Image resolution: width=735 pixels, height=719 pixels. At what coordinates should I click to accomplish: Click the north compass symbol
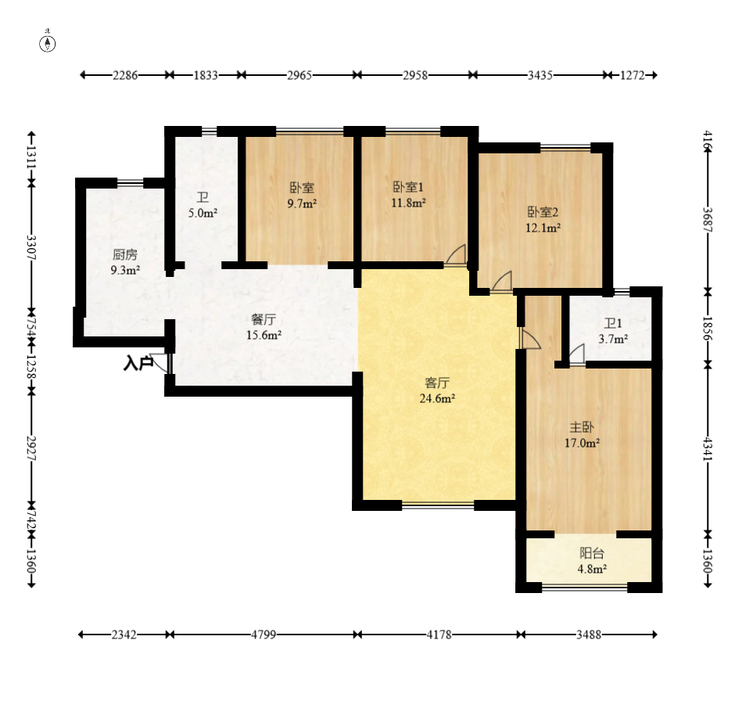(x=48, y=43)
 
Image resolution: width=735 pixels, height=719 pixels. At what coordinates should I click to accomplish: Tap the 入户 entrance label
(x=138, y=363)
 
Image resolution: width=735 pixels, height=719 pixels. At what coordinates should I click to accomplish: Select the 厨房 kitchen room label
(x=125, y=255)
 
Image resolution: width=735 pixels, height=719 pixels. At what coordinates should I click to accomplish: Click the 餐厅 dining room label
(x=264, y=319)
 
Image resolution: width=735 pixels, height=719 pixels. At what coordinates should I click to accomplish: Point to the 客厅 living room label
(x=437, y=383)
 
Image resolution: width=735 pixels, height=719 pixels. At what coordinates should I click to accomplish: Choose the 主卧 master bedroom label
(x=582, y=427)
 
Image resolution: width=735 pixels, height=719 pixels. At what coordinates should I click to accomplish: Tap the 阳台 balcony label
(x=592, y=553)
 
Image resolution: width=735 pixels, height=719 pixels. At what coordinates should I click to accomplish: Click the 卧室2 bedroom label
(x=543, y=212)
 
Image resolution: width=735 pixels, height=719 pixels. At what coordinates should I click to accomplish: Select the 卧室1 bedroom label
(x=408, y=187)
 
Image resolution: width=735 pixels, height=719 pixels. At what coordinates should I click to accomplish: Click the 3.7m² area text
(x=613, y=339)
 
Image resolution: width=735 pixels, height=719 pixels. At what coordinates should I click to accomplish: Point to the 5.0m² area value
(x=203, y=213)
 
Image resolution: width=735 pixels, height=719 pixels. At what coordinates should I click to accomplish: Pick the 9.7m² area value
(x=302, y=203)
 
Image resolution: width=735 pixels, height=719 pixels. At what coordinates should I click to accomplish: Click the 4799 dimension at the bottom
(x=264, y=635)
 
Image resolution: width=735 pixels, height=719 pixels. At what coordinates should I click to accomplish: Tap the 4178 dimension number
(x=439, y=635)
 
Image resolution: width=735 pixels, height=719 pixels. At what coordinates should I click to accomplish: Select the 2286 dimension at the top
(x=125, y=75)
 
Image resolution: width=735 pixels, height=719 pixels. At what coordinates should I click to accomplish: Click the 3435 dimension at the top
(x=540, y=75)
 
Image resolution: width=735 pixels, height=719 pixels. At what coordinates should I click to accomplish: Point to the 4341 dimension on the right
(x=708, y=449)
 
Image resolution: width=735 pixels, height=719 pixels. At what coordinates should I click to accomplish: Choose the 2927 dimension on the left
(x=31, y=448)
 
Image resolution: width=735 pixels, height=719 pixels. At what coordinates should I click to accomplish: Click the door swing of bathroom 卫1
(x=578, y=354)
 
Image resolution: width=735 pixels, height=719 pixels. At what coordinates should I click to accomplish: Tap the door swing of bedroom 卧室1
(x=456, y=255)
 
